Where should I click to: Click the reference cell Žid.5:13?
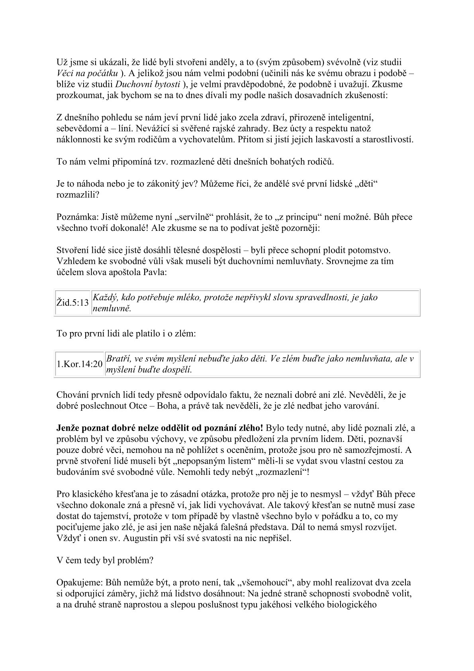72,303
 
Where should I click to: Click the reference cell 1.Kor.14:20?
79,364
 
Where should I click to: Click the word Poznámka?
74,217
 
